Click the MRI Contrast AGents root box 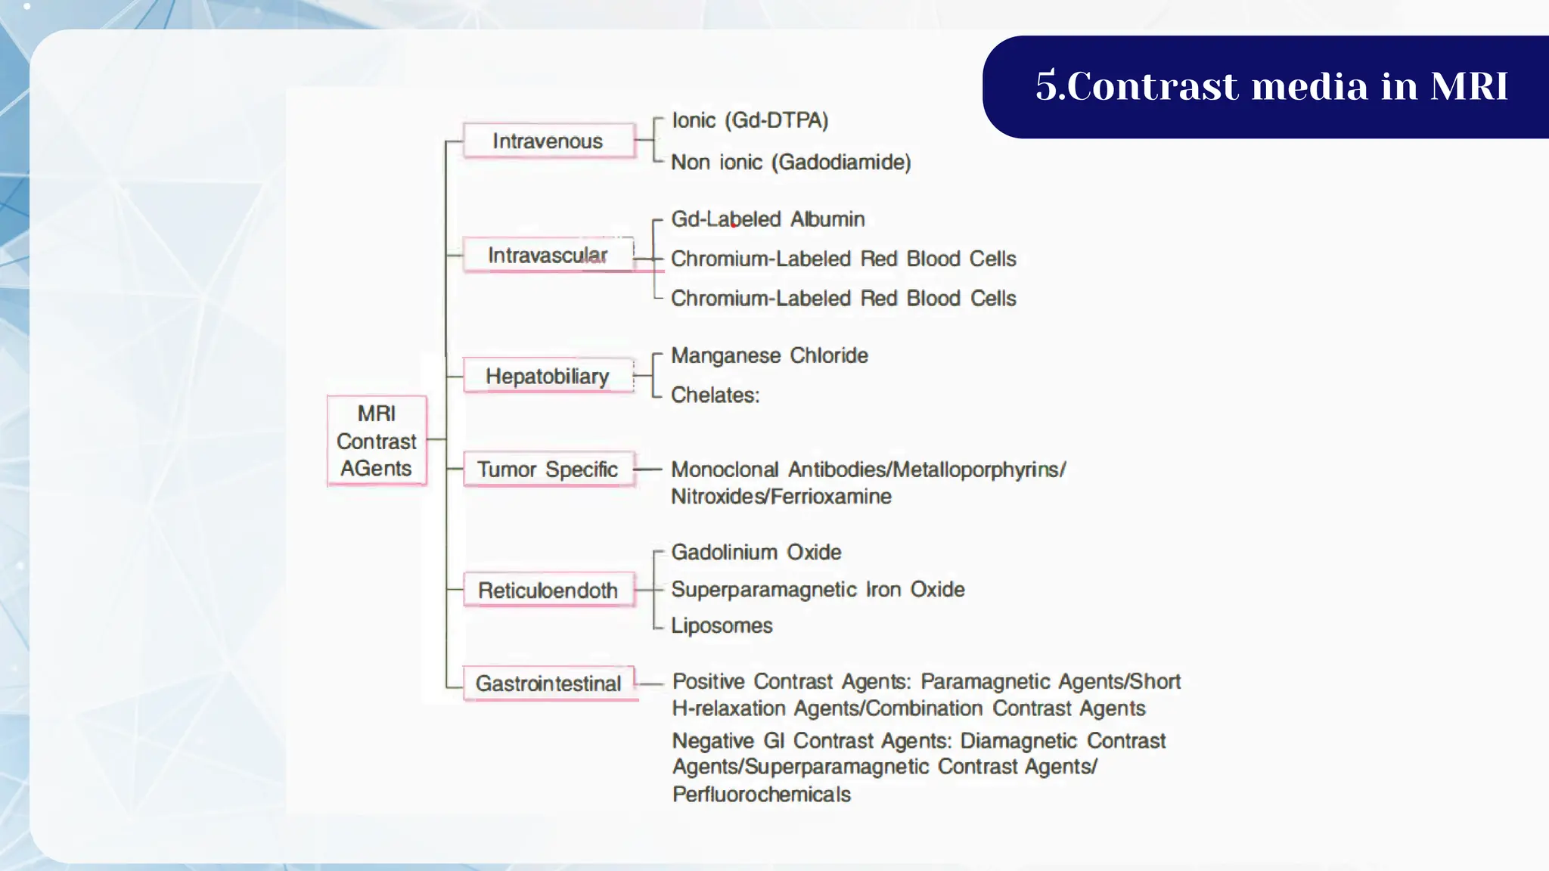[x=377, y=440]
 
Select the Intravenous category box [x=548, y=141]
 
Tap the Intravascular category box [x=548, y=255]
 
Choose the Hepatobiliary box [x=548, y=376]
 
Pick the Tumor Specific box [x=548, y=470]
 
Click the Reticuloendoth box [x=548, y=590]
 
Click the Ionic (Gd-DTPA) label [x=750, y=120]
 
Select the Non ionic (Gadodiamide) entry [x=790, y=162]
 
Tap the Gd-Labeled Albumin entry [x=768, y=219]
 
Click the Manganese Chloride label [x=769, y=355]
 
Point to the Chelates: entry [x=715, y=395]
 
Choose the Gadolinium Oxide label [x=756, y=552]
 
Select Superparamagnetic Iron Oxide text [x=818, y=589]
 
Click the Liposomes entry [x=722, y=625]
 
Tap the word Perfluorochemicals [x=761, y=795]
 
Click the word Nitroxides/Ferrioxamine [x=781, y=497]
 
